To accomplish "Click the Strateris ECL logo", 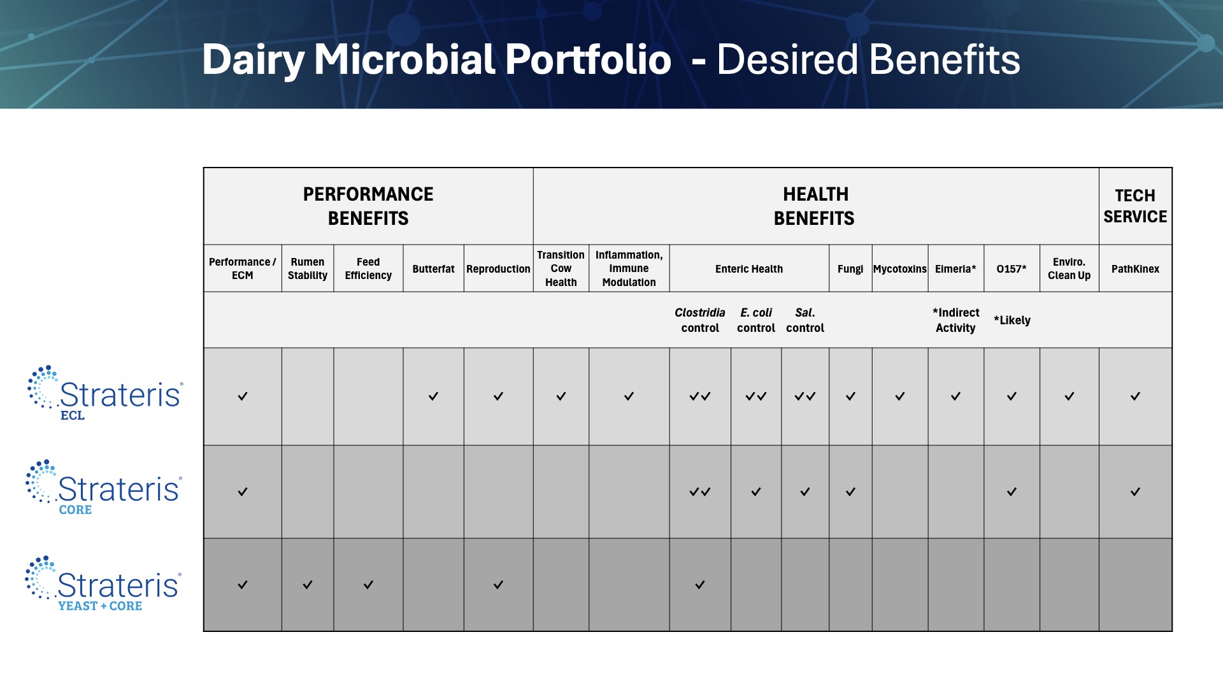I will tap(105, 394).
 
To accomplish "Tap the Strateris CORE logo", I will tap(104, 488).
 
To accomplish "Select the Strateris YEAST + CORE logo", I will tap(103, 584).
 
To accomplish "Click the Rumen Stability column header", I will tap(308, 269).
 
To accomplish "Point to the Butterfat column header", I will tap(433, 269).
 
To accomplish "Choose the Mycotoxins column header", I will tap(899, 269).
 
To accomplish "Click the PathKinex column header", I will tap(1135, 269).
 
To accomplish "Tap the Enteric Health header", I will tap(748, 269).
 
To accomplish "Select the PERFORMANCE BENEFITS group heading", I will tap(368, 206).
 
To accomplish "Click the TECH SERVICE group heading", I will tap(1135, 206).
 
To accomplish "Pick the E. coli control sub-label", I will tap(756, 320).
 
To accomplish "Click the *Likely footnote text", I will tap(1012, 320).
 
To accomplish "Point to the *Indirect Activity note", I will tap(955, 320).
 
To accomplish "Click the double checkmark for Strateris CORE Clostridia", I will tap(700, 492).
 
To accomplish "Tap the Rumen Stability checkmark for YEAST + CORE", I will tap(308, 585).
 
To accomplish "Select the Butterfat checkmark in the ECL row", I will tap(433, 396).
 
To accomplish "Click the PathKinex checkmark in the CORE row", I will tap(1135, 492).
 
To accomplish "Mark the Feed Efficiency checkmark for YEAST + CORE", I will tap(368, 585).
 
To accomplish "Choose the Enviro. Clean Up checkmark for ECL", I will tap(1069, 396).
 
